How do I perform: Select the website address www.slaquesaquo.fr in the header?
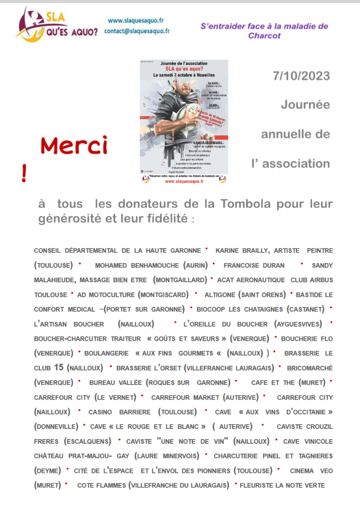(x=136, y=21)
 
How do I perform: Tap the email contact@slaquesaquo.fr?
(x=137, y=31)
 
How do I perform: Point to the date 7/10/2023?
(x=301, y=76)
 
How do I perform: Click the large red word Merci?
(x=74, y=146)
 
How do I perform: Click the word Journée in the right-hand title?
(x=305, y=105)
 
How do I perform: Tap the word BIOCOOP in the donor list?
(x=213, y=309)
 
